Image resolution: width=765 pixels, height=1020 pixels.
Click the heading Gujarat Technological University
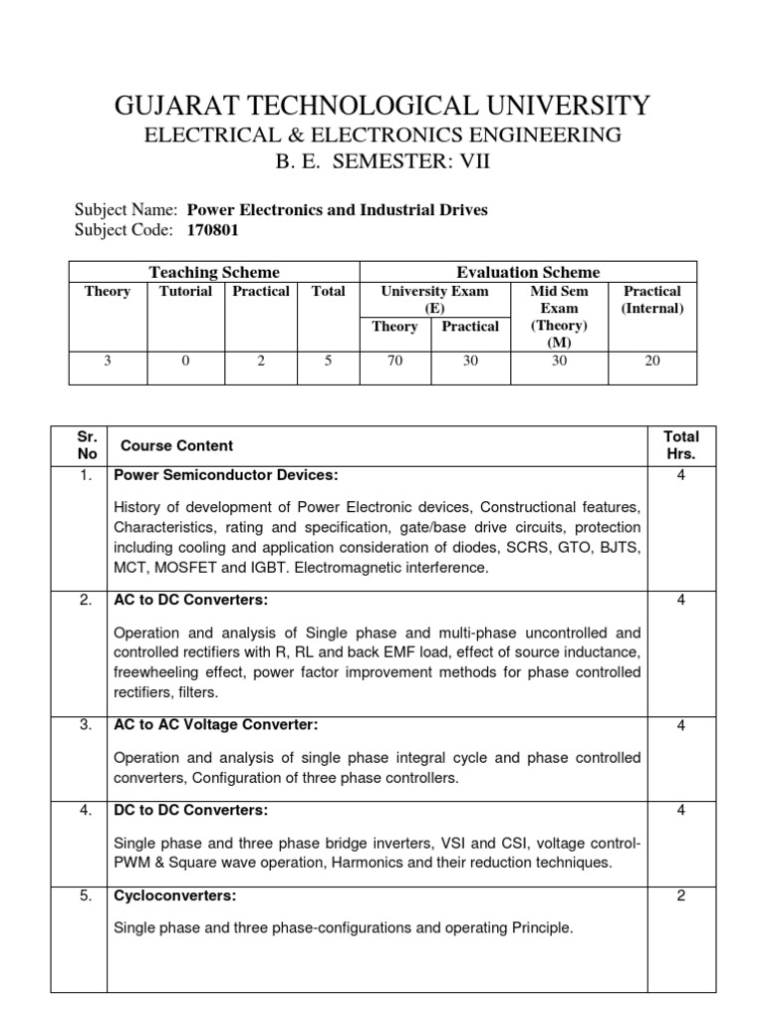[x=382, y=105]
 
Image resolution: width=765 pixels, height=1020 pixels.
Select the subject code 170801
[x=213, y=231]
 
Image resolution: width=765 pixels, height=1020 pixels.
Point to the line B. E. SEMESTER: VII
[x=382, y=162]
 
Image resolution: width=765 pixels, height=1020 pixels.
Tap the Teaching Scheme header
[x=214, y=272]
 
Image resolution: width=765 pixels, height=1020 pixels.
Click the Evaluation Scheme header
[x=528, y=272]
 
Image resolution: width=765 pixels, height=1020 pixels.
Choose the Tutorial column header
[x=185, y=291]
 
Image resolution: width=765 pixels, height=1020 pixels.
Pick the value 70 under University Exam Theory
[x=394, y=361]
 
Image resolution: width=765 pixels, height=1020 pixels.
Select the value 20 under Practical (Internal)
[x=652, y=361]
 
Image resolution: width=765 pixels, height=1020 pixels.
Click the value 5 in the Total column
[x=328, y=361]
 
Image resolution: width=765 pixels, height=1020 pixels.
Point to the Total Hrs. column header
[x=681, y=445]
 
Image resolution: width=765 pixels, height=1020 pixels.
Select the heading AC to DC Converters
[x=192, y=600]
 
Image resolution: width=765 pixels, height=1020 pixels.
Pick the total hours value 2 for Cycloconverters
[x=681, y=895]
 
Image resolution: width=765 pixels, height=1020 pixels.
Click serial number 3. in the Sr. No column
[x=87, y=724]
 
